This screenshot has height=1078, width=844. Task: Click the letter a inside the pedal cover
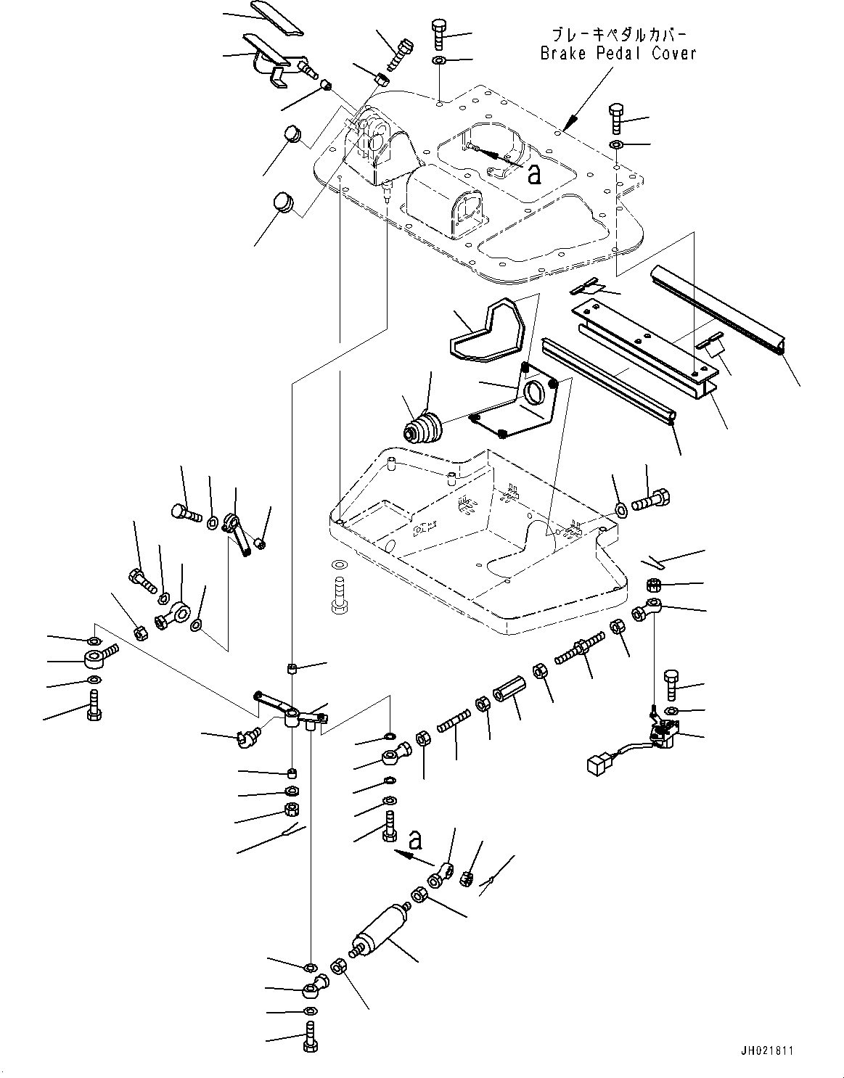534,174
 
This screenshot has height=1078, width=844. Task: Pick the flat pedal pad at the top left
277,18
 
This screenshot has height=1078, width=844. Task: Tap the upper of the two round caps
292,134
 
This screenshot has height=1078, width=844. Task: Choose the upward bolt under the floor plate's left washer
340,596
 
